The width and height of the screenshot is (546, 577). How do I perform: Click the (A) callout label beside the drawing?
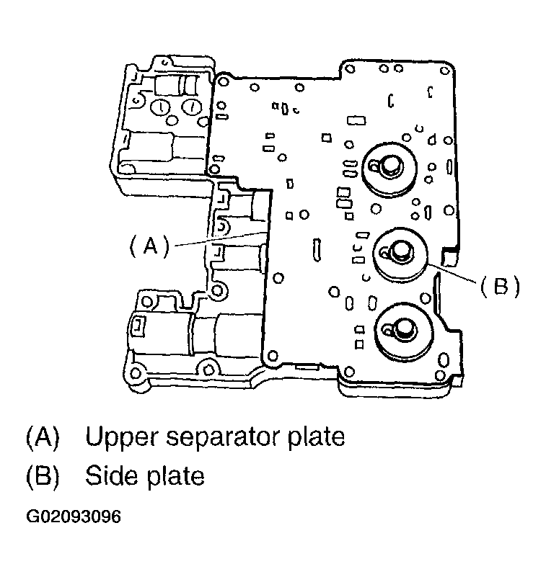point(149,246)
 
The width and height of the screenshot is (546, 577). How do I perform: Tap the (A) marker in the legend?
point(43,437)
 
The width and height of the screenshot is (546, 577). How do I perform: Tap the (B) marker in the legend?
point(43,476)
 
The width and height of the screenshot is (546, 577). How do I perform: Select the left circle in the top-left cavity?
point(160,108)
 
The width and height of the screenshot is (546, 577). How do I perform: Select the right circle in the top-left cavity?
point(190,107)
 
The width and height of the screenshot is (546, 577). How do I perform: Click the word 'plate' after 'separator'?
point(313,437)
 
